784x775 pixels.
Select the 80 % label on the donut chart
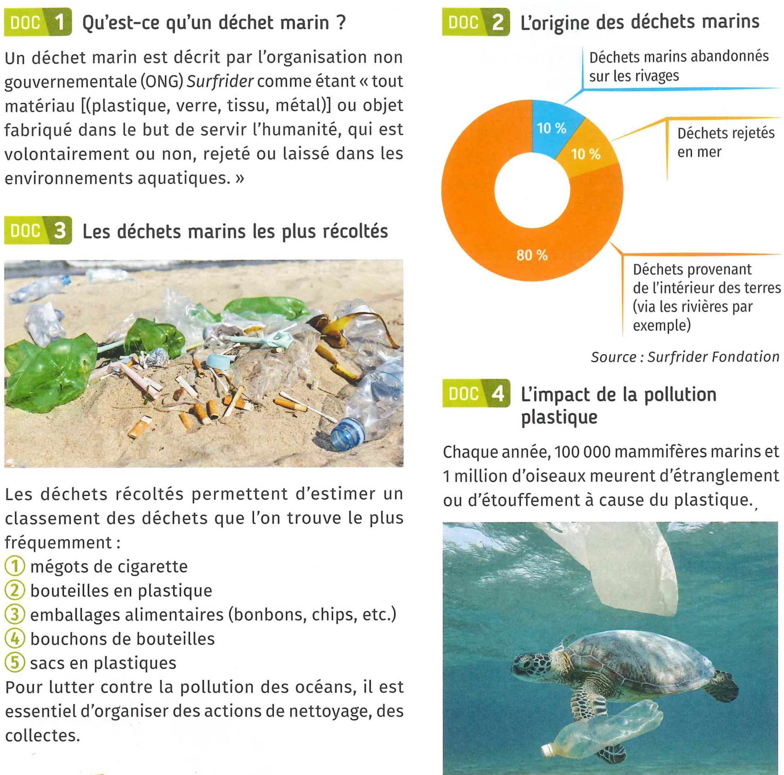pyautogui.click(x=532, y=255)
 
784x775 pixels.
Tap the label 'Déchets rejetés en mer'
pyautogui.click(x=726, y=142)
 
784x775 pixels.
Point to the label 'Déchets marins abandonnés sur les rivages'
pyautogui.click(x=678, y=66)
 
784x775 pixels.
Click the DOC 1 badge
pyautogui.click(x=38, y=22)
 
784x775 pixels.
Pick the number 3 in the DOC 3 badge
pyautogui.click(x=60, y=231)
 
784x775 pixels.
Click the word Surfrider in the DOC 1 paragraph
pyautogui.click(x=220, y=82)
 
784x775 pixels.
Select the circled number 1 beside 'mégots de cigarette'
pyautogui.click(x=15, y=566)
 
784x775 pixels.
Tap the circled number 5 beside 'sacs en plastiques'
pyautogui.click(x=15, y=663)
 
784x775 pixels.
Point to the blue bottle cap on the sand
pyautogui.click(x=348, y=435)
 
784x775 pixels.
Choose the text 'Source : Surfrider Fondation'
pyautogui.click(x=685, y=357)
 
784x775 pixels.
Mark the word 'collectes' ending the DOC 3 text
pyautogui.click(x=42, y=736)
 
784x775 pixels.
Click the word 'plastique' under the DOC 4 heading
pyautogui.click(x=559, y=418)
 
